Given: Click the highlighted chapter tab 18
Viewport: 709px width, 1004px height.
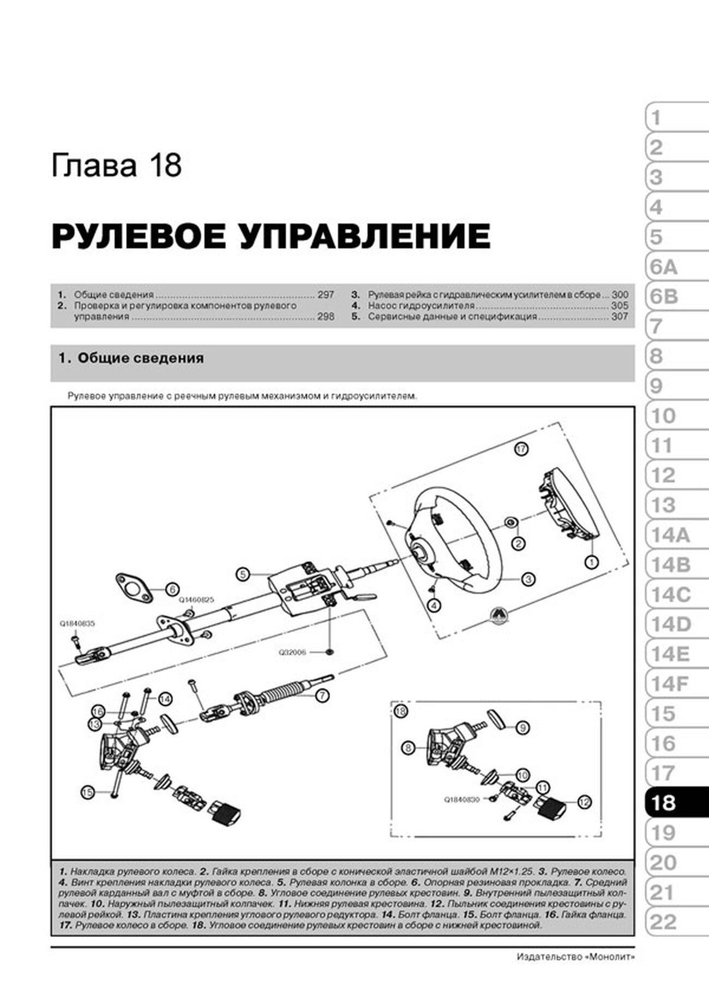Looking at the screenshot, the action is coord(675,803).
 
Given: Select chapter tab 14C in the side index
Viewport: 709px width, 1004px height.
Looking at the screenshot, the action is coord(670,595).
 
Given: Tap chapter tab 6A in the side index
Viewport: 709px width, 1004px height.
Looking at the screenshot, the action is coord(664,267).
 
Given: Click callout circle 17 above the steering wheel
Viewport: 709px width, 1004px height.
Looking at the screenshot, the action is coord(521,449).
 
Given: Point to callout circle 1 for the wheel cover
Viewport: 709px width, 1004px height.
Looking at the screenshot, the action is coord(591,561).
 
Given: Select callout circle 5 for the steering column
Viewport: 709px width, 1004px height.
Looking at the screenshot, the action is coord(243,574).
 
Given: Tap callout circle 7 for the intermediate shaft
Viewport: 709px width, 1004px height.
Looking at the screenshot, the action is coord(322,696).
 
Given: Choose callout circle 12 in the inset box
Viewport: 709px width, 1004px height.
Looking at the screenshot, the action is coord(584,802).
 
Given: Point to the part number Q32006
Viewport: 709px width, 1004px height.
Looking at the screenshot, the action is coord(293,652).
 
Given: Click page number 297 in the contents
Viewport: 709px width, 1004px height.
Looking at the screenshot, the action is coord(326,294).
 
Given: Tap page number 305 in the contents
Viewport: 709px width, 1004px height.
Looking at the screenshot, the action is coord(620,306).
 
